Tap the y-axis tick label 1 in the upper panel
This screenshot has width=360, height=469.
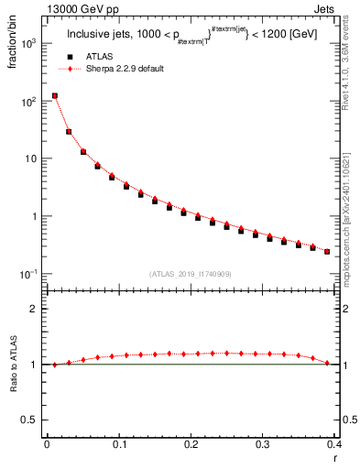(x=34, y=217)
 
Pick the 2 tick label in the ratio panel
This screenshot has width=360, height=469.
(x=34, y=309)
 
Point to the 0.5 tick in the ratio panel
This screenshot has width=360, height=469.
(x=30, y=420)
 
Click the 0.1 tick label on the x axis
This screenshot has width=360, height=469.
(x=119, y=444)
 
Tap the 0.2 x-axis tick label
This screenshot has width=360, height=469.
(x=191, y=444)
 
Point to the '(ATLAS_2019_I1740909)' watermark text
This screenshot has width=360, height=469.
(x=190, y=274)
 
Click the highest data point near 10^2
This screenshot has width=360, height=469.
(x=54, y=95)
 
